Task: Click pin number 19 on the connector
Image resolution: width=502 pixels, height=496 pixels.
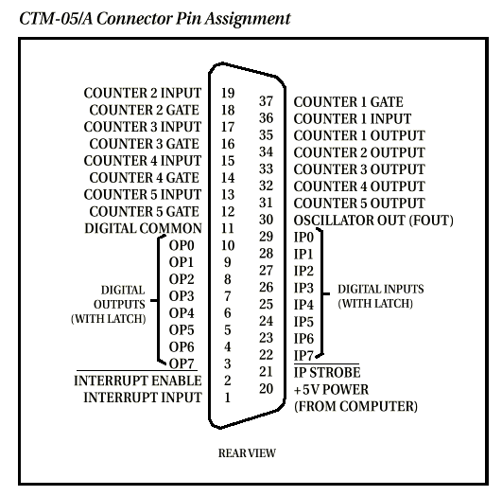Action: click(228, 93)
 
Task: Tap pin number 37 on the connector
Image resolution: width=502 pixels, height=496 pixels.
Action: click(266, 101)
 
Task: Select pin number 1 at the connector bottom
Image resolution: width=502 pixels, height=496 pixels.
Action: click(227, 398)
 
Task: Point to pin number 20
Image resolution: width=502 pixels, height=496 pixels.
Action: click(266, 389)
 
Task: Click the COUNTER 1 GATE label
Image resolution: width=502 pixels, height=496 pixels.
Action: click(348, 102)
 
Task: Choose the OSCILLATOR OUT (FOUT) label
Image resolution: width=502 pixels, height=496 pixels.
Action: click(373, 221)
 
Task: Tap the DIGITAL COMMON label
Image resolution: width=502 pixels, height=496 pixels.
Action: click(143, 229)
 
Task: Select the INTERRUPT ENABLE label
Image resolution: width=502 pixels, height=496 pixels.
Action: click(138, 381)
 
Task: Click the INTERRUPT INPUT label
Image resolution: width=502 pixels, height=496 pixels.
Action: click(143, 398)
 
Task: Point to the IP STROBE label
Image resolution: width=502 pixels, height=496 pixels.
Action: click(327, 373)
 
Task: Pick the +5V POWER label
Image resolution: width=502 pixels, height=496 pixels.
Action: click(331, 390)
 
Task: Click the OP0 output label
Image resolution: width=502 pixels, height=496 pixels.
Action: click(182, 245)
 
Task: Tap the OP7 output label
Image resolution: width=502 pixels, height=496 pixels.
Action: click(182, 363)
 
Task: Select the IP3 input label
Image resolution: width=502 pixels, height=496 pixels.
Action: click(303, 288)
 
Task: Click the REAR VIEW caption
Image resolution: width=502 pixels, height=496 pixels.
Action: click(247, 453)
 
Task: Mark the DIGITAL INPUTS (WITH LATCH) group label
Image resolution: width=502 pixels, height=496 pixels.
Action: click(381, 296)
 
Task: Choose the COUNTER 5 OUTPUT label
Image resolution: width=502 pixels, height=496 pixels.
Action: click(359, 204)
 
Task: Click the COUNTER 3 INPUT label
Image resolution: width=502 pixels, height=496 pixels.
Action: click(143, 127)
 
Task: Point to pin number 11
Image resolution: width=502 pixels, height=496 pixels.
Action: click(228, 228)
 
